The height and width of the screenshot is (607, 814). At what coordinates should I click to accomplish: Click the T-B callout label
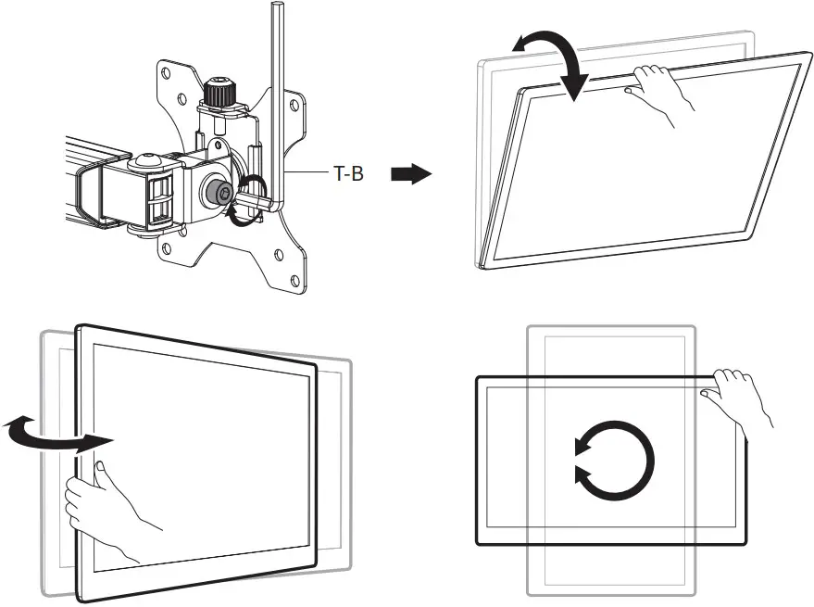click(348, 173)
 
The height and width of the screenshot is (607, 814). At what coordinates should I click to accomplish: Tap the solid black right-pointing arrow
click(411, 174)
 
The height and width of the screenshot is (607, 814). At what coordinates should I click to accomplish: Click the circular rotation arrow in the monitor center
click(614, 459)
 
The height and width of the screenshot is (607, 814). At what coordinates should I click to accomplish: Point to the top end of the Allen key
click(276, 9)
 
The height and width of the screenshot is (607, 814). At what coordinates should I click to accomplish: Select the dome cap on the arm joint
click(144, 160)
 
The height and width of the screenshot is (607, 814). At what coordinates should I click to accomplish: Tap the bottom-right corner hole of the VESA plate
click(294, 279)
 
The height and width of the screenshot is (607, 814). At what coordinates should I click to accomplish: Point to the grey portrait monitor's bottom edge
click(611, 593)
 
